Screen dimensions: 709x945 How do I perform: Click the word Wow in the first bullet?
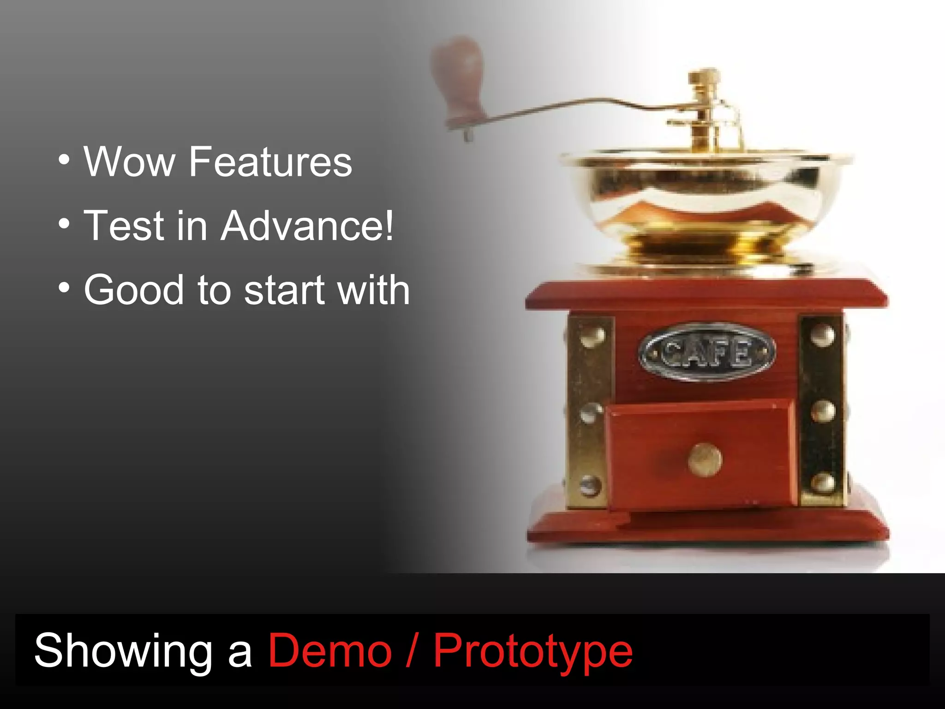(x=129, y=162)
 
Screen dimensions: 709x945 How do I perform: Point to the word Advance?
(x=307, y=226)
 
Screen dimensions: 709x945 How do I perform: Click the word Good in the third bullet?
(x=134, y=290)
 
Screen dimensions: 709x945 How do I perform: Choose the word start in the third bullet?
(x=283, y=290)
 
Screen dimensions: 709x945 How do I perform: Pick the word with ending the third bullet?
(x=373, y=290)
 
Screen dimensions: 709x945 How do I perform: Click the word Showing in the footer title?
(x=123, y=651)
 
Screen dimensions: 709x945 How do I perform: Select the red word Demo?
(x=330, y=651)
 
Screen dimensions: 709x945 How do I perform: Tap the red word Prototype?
(x=533, y=651)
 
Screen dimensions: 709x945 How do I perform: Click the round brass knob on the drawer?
(x=705, y=460)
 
